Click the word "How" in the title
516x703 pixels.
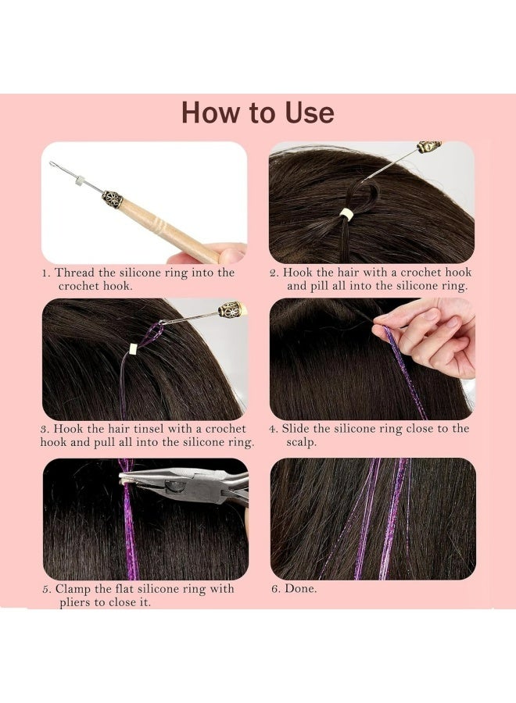(210, 112)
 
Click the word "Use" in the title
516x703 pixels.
(308, 112)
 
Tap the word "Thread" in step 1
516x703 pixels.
(77, 273)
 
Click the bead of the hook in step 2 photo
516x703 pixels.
(429, 147)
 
